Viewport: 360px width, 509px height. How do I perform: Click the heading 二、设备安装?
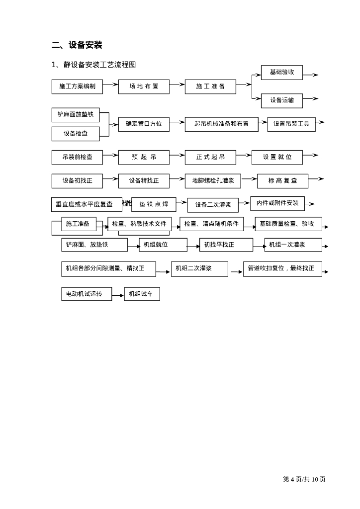tap(77, 45)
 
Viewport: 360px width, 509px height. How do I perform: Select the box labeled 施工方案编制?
tap(77, 86)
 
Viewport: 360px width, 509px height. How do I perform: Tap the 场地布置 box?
tap(144, 86)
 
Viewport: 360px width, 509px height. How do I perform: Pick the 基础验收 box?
tap(282, 73)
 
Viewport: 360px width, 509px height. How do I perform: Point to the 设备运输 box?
tap(282, 100)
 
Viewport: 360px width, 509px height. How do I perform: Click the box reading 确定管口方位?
tap(144, 124)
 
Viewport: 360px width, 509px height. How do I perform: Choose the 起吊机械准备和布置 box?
tap(221, 124)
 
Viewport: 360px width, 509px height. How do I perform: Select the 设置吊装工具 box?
tap(291, 124)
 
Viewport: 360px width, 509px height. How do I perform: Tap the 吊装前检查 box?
tap(77, 157)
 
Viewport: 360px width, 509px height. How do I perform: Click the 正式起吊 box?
tap(210, 157)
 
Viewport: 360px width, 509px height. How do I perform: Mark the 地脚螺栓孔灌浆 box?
tap(213, 181)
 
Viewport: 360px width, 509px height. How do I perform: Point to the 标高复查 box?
tap(282, 181)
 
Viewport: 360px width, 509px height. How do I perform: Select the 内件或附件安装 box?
tap(277, 203)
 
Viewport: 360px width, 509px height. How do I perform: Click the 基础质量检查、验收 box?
tap(288, 224)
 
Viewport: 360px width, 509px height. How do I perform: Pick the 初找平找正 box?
tap(226, 245)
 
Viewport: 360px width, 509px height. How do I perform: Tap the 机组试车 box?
tap(142, 294)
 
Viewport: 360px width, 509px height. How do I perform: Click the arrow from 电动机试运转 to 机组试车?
tap(118, 295)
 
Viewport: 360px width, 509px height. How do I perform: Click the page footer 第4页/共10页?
tap(304, 479)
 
